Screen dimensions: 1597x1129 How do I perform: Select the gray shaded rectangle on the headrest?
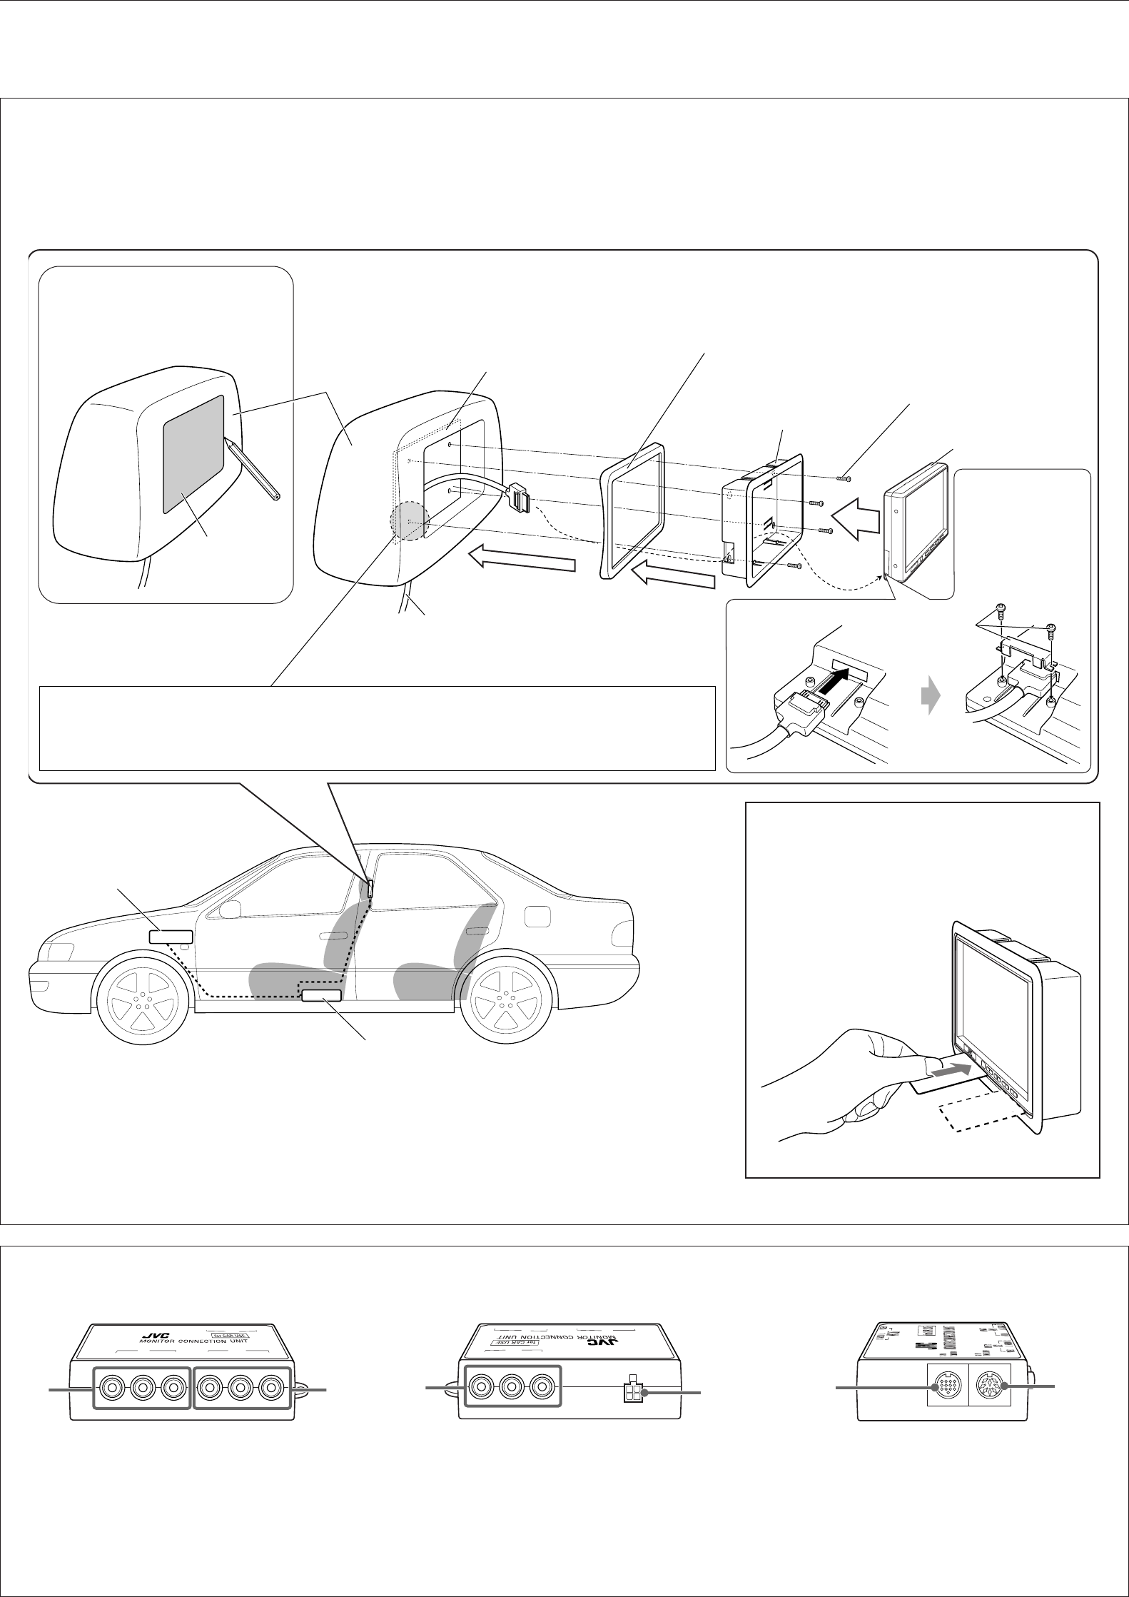(193, 455)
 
